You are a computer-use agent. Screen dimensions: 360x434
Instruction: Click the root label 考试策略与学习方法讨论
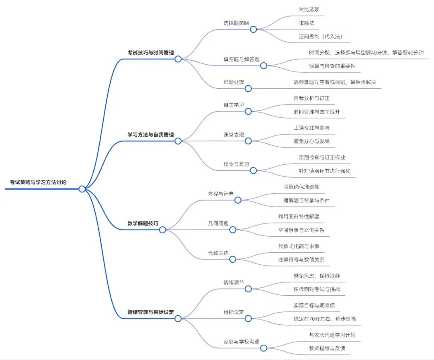(38, 182)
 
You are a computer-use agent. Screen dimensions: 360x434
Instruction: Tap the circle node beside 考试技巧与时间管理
(178, 59)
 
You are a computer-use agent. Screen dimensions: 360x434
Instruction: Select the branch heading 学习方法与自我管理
(151, 135)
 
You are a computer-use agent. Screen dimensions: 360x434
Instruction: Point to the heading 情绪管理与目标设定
(151, 312)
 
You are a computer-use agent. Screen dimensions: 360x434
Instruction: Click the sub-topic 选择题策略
(236, 23)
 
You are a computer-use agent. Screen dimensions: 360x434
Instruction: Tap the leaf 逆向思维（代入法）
(318, 36)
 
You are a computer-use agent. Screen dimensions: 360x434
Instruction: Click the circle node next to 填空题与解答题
(264, 66)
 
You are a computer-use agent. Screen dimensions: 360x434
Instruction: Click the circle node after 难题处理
(248, 88)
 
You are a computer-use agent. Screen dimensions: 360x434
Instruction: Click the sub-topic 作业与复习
(236, 164)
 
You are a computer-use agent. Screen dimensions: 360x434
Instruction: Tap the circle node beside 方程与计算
(237, 200)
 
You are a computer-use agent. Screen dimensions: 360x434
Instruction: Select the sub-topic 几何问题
(218, 223)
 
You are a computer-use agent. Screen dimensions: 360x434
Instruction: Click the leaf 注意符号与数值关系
(301, 260)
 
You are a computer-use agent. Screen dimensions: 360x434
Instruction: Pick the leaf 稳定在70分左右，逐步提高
(325, 319)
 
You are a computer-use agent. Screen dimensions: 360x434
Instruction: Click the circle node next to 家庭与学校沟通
(264, 348)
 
